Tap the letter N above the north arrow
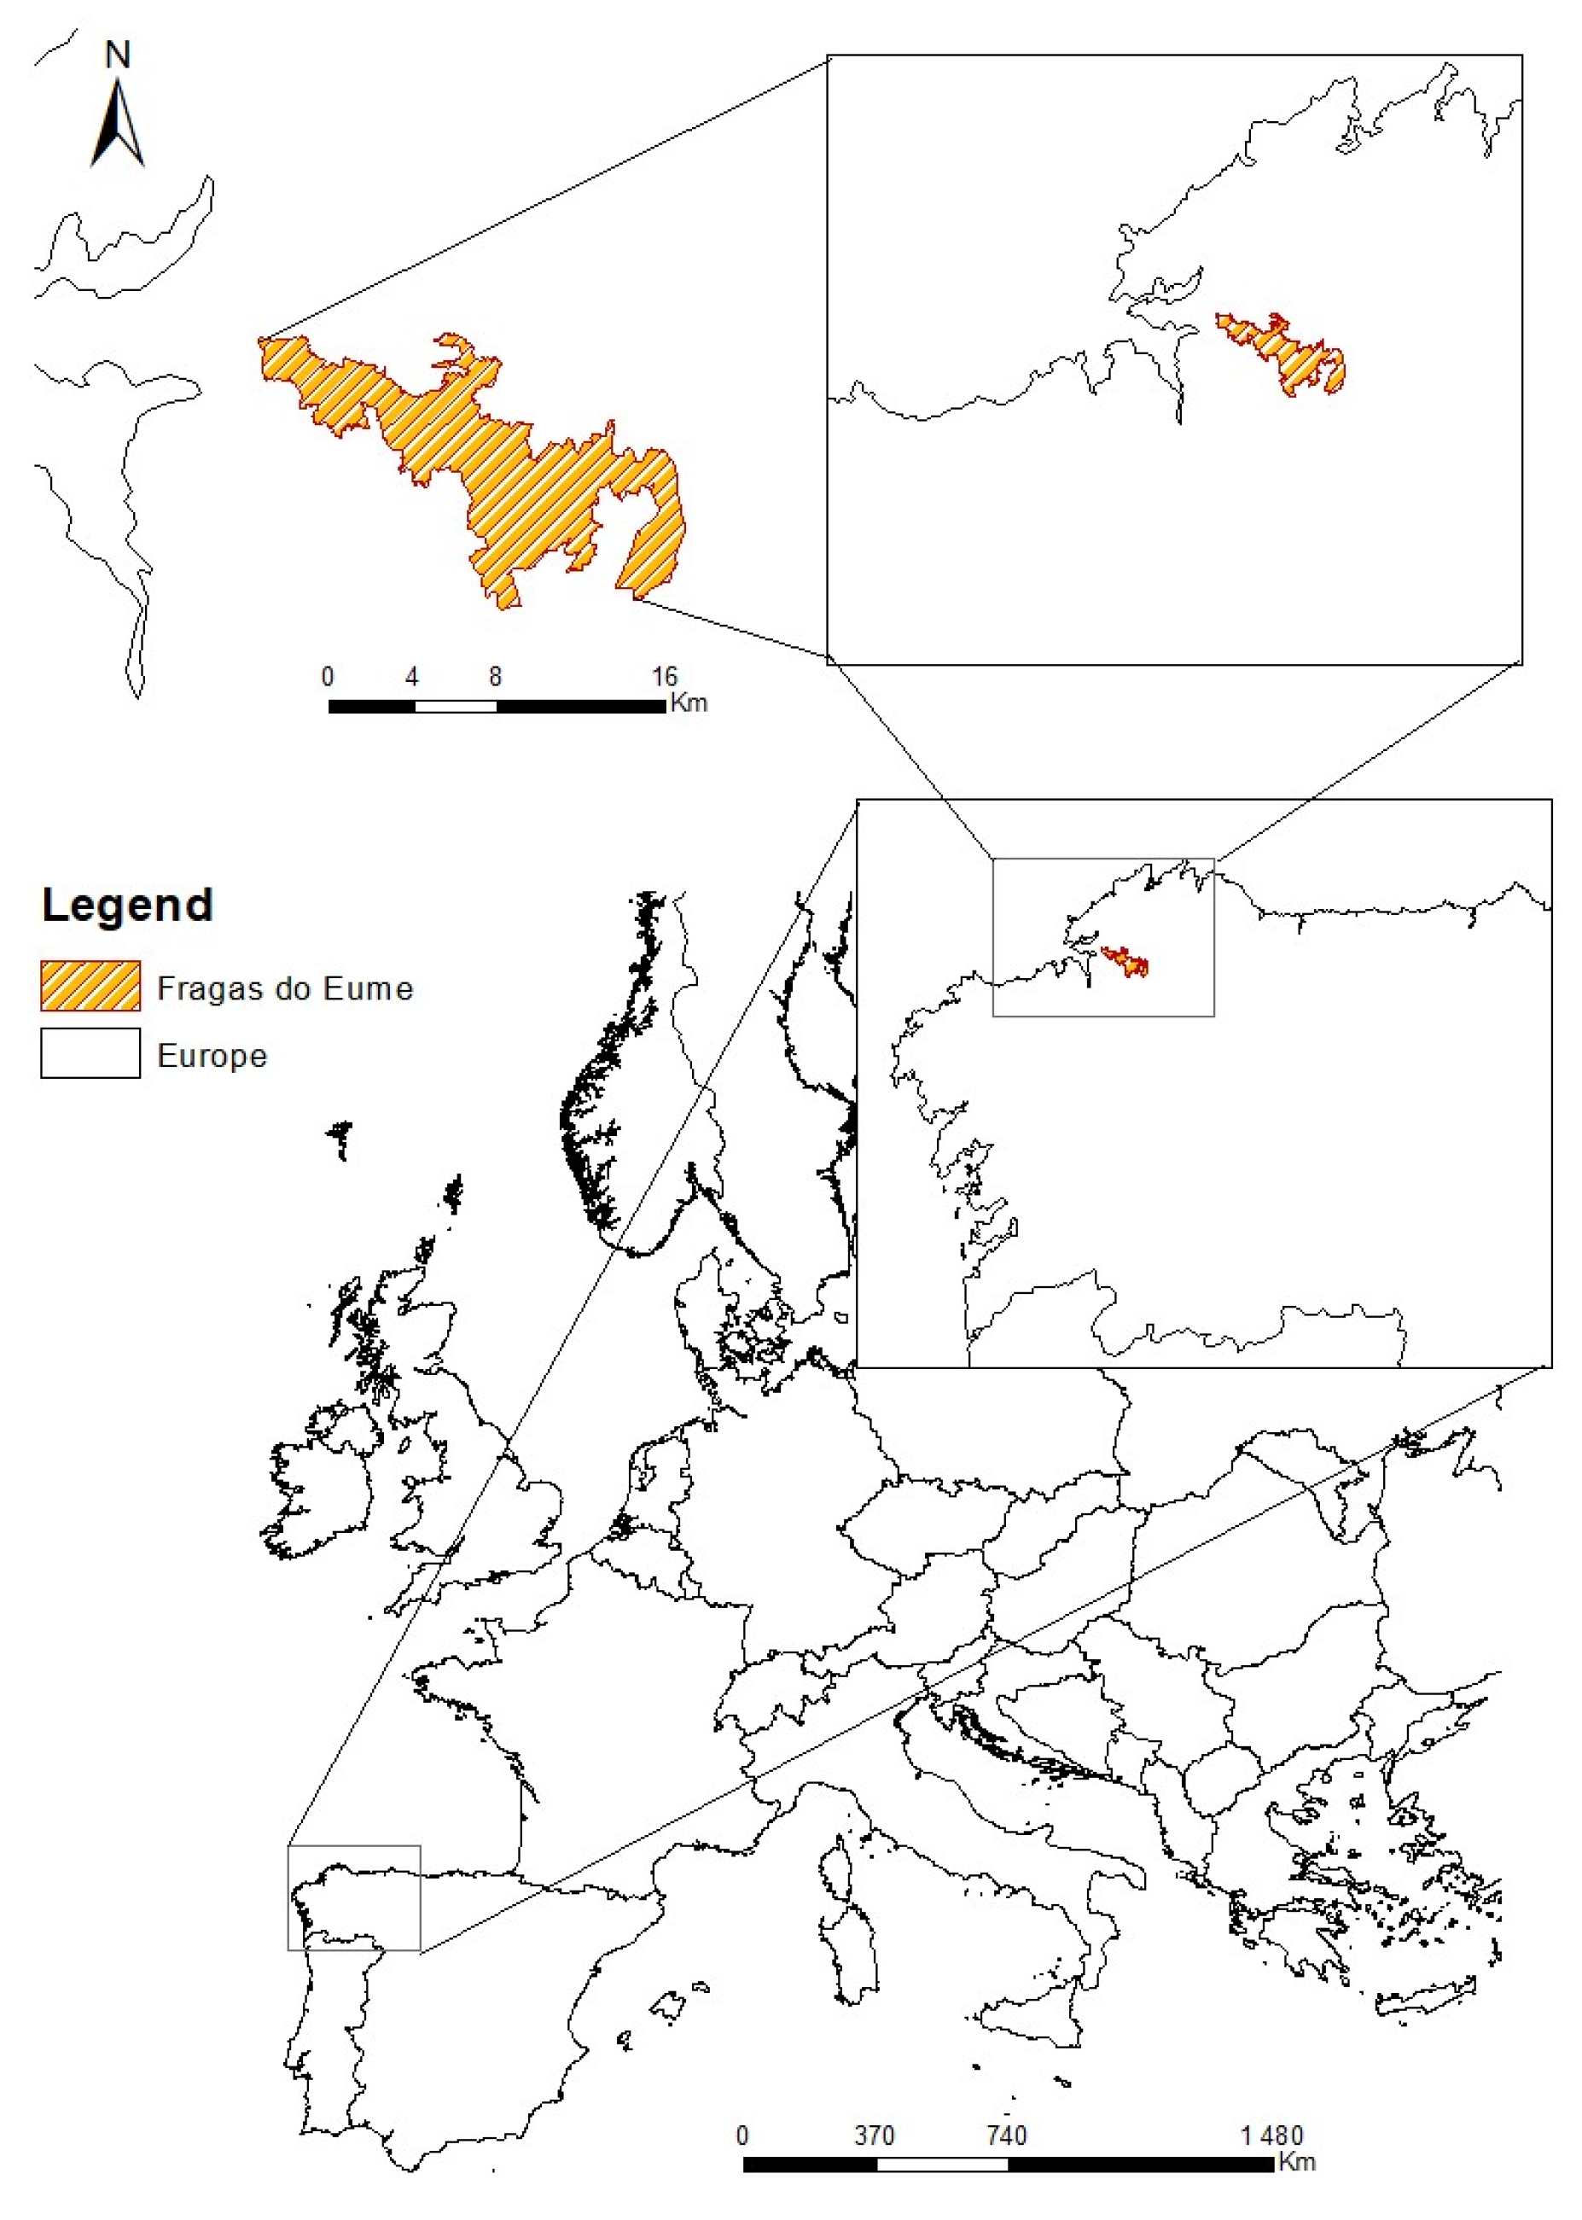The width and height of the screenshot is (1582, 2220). pos(118,55)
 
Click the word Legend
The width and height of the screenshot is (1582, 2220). pos(126,905)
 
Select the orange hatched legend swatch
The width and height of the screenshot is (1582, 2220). pos(90,986)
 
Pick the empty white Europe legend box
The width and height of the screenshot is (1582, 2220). pos(90,1053)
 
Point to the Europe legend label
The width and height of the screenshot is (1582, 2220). pos(212,1056)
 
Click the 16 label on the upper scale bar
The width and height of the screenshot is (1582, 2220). pos(663,676)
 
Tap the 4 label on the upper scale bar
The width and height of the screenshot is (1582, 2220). pos(412,676)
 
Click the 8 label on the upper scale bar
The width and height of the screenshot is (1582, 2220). pos(495,676)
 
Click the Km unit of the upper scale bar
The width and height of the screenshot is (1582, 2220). pos(689,702)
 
